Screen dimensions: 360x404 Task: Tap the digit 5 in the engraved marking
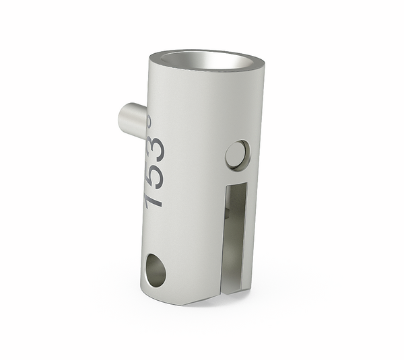[x=154, y=173]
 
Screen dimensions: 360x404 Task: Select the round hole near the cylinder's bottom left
[x=155, y=270]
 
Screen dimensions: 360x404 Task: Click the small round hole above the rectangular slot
[x=236, y=154]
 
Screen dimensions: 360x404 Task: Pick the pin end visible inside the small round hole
[x=234, y=157]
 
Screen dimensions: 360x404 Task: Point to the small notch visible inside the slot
[x=229, y=213]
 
